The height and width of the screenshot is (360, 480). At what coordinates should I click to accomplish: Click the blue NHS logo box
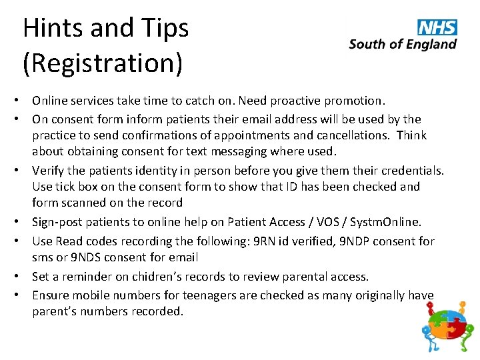pos(437,27)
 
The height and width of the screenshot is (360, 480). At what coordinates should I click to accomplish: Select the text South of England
pos(403,45)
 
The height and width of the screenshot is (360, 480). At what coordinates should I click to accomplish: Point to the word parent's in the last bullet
pos(56,311)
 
